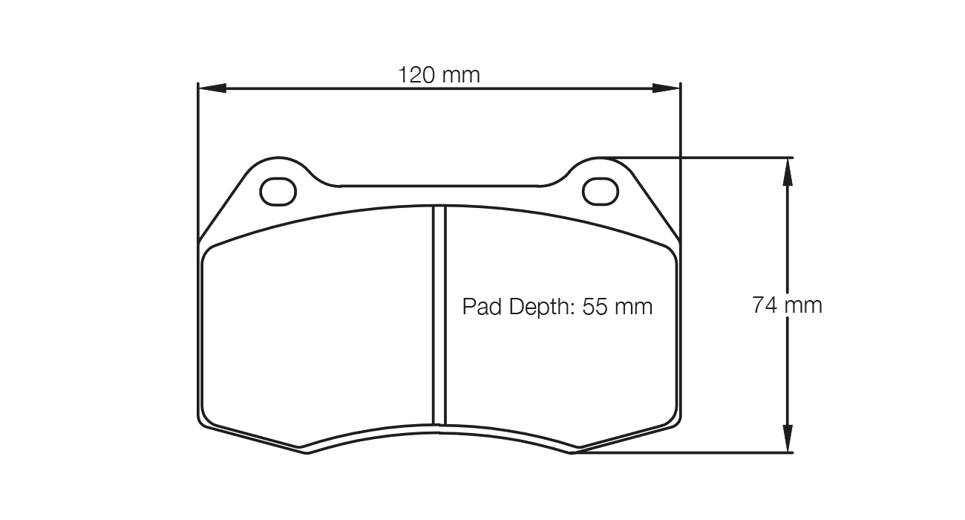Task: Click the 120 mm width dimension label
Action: [439, 75]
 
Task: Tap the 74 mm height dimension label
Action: [787, 305]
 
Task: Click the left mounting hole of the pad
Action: [278, 192]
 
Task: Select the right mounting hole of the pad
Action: [601, 192]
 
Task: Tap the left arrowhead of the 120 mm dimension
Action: [212, 88]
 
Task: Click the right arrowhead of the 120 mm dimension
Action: [665, 88]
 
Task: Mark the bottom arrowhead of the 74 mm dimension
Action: [786, 438]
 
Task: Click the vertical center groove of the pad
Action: [439, 316]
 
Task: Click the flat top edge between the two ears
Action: [439, 186]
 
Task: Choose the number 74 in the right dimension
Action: [765, 305]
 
